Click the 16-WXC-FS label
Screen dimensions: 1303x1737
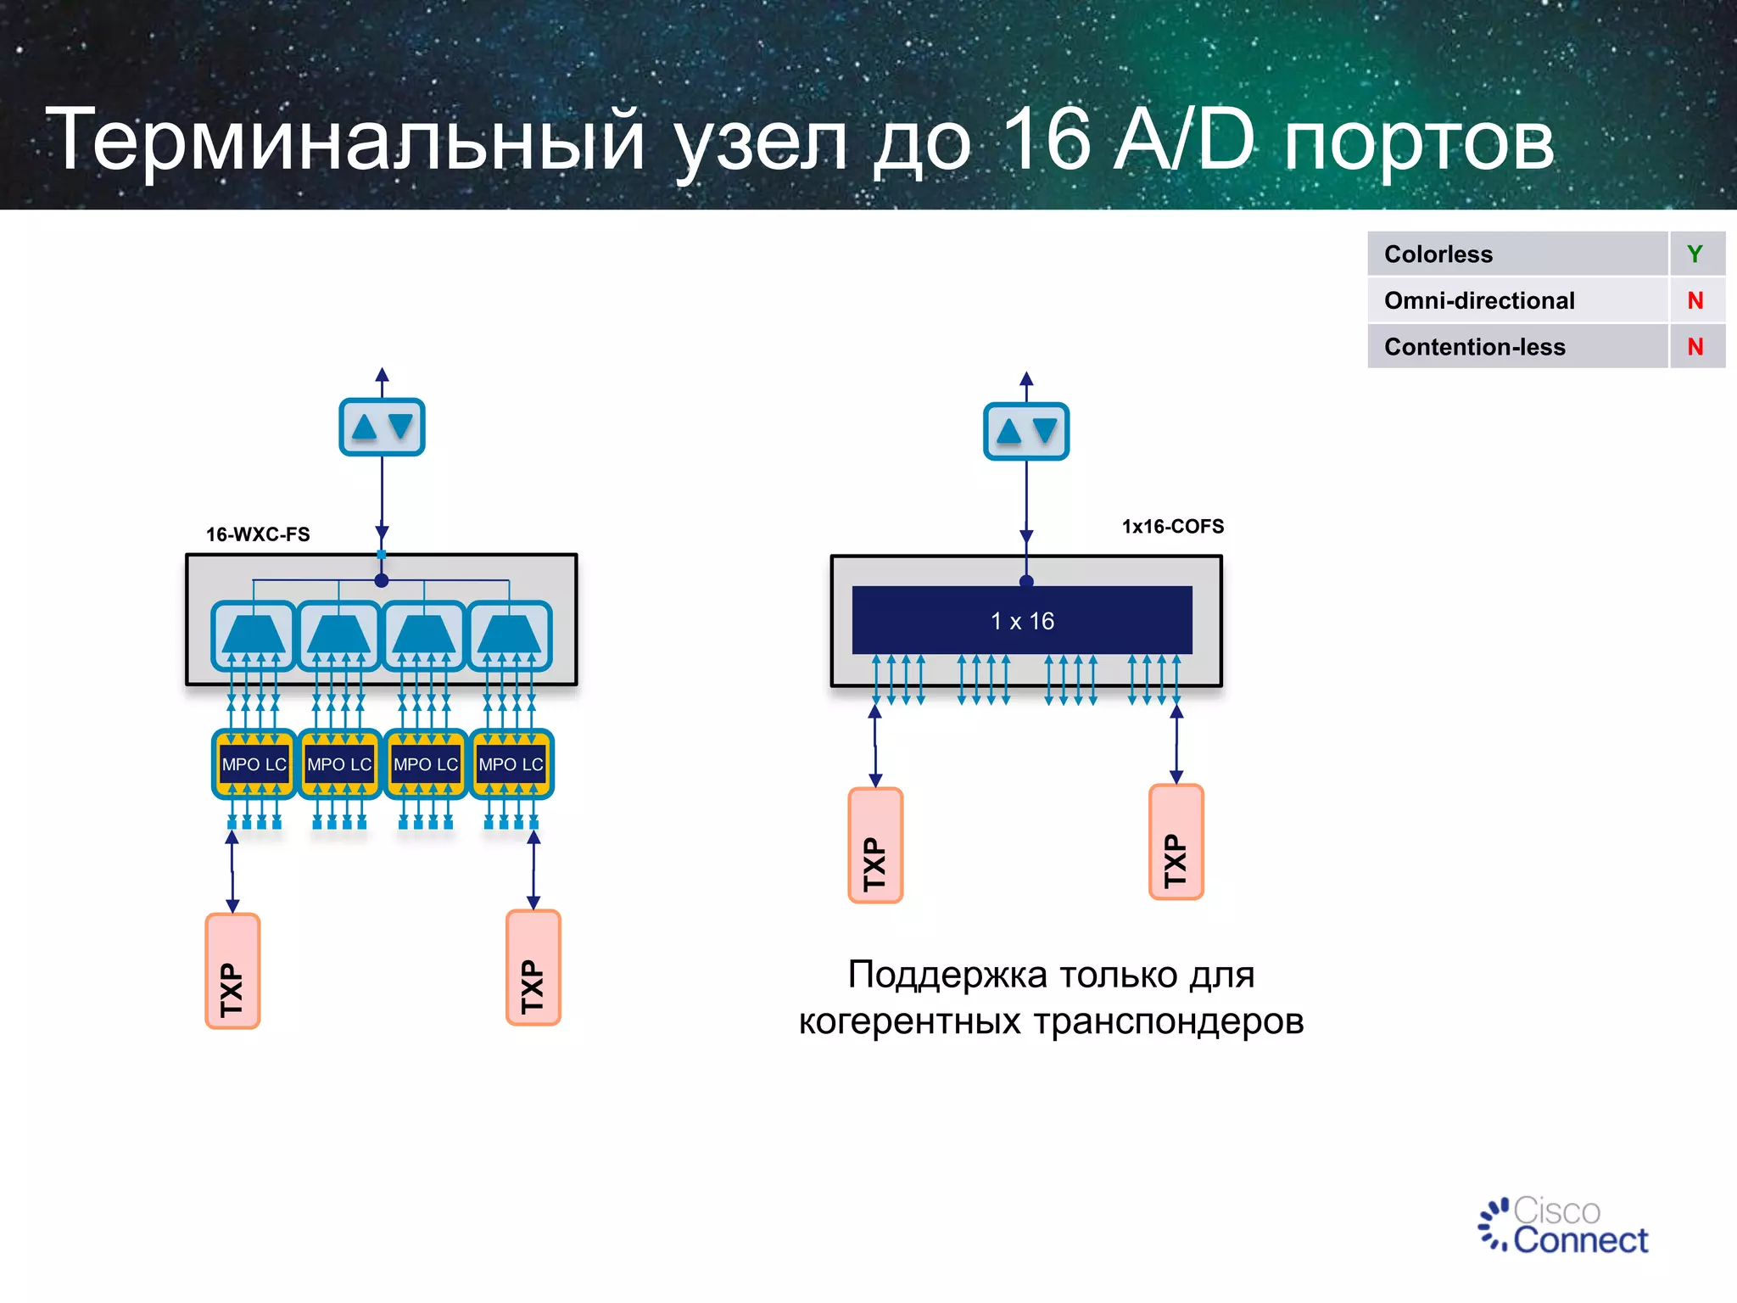point(258,534)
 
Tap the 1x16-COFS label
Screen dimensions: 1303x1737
point(1173,527)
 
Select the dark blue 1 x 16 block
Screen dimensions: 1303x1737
point(1022,620)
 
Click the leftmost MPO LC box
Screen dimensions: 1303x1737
point(254,764)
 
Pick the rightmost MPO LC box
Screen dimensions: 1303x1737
point(511,764)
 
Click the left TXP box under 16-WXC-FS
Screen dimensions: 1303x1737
point(232,971)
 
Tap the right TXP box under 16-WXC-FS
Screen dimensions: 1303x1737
point(533,968)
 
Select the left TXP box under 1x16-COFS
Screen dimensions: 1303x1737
point(875,846)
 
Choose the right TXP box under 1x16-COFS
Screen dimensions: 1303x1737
point(1176,842)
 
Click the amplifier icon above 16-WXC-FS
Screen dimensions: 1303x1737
point(382,427)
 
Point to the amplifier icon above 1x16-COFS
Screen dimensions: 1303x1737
point(1026,431)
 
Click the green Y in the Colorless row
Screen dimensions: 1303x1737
point(1695,254)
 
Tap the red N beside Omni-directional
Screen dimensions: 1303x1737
point(1695,300)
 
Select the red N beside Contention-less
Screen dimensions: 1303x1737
point(1695,347)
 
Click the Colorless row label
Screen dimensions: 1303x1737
point(1438,254)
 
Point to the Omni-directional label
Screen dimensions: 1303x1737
point(1479,300)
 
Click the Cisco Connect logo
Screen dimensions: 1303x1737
point(1565,1226)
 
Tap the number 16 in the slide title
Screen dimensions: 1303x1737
point(1045,140)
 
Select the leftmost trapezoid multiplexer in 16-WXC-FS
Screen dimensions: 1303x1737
point(254,635)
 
